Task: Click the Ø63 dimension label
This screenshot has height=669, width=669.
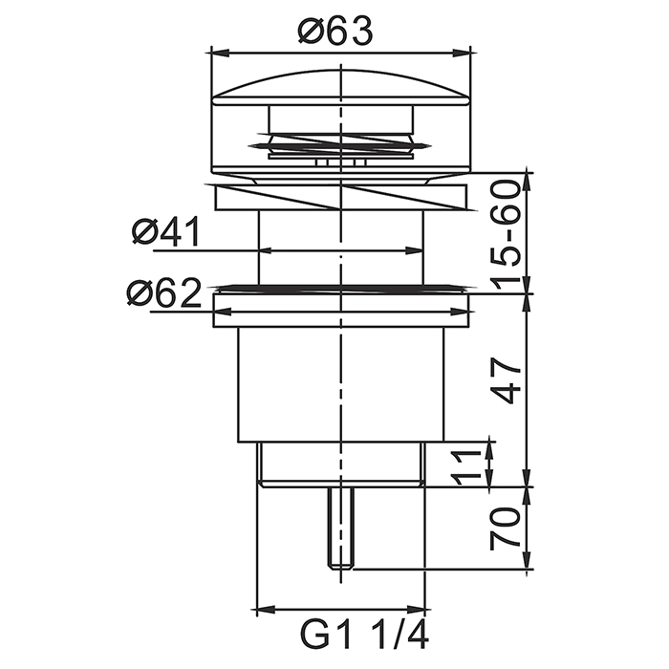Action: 334,31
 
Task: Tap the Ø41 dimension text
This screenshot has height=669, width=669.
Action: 166,231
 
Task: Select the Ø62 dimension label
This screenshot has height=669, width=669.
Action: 164,293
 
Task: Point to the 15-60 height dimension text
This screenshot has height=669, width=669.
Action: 506,235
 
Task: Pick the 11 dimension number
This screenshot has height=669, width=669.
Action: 464,467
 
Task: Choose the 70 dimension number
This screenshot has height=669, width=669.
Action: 506,526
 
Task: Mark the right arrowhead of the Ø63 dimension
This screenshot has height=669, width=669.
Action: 461,53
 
